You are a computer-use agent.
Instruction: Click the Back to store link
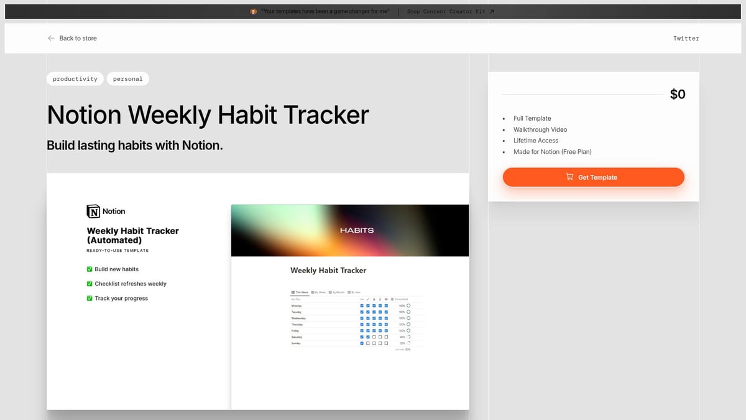[73, 39]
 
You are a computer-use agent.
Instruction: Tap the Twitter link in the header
[686, 39]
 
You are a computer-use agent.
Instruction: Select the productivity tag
[75, 79]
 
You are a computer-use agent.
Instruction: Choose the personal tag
[127, 79]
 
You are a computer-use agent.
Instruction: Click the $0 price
[678, 95]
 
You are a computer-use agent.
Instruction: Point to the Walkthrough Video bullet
[540, 129]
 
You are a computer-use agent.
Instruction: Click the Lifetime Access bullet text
[536, 141]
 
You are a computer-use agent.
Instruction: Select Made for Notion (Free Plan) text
[552, 152]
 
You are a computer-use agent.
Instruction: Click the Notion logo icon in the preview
[93, 212]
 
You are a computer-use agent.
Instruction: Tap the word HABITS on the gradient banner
[357, 230]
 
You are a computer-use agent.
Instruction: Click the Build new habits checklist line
[116, 269]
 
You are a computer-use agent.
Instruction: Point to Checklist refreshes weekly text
[130, 284]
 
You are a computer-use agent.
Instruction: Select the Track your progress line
[121, 299]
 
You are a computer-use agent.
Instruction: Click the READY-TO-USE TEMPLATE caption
[117, 251]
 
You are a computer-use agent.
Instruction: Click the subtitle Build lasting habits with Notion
[134, 146]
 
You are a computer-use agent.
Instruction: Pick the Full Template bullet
[532, 118]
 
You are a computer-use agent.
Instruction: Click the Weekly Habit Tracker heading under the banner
[328, 271]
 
